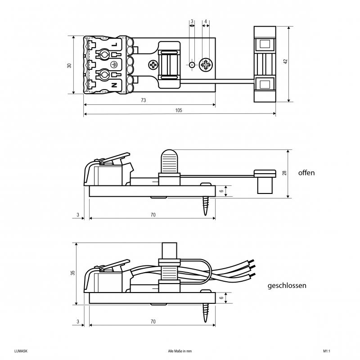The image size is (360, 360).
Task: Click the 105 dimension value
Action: [179, 110]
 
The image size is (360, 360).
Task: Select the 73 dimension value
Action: [144, 100]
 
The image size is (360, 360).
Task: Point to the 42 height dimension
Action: [285, 62]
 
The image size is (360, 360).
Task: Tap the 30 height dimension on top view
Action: [69, 65]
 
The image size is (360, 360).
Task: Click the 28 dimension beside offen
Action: [285, 173]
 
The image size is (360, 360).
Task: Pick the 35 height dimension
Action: [72, 273]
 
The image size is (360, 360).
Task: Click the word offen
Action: [306, 173]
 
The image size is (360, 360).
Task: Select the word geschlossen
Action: [287, 286]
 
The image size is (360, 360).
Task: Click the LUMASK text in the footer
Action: [21, 351]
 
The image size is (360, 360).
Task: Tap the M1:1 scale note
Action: [327, 351]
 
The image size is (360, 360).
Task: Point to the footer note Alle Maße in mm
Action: [180, 351]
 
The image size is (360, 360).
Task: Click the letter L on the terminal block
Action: [114, 45]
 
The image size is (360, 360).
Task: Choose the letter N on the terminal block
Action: [114, 85]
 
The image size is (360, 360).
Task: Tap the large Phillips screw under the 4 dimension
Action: [206, 65]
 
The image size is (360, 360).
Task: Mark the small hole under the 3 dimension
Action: [192, 65]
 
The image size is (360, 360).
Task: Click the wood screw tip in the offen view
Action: [206, 215]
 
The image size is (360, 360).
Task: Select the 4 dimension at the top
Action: [206, 21]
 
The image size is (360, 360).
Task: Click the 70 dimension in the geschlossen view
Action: [153, 321]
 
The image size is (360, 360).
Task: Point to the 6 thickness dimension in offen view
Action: [221, 191]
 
